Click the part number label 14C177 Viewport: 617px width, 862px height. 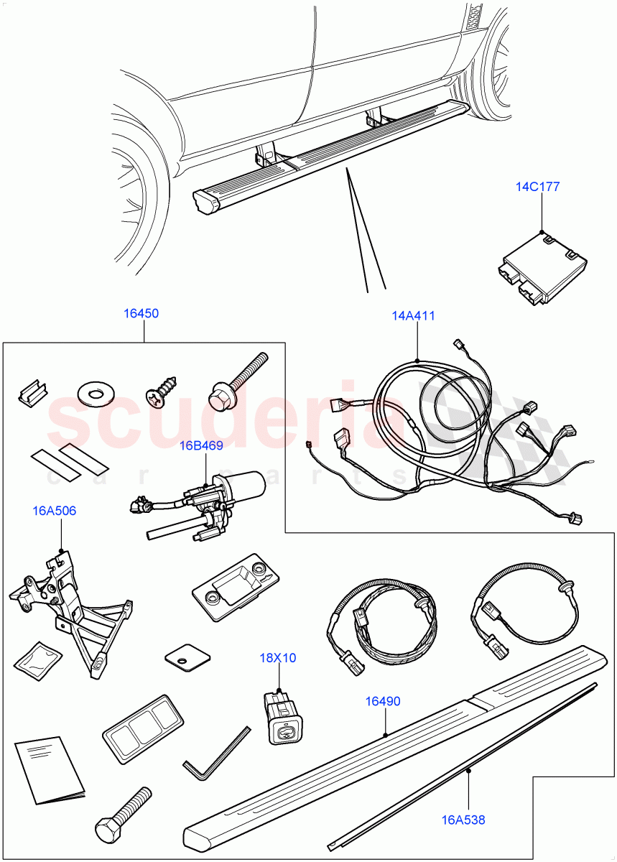click(x=537, y=187)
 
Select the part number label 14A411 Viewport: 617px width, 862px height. click(x=413, y=315)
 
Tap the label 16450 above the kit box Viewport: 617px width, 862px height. click(x=141, y=313)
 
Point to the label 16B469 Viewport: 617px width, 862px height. click(x=201, y=445)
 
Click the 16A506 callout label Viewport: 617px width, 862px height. click(x=55, y=511)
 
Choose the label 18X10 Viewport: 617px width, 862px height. click(x=278, y=657)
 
